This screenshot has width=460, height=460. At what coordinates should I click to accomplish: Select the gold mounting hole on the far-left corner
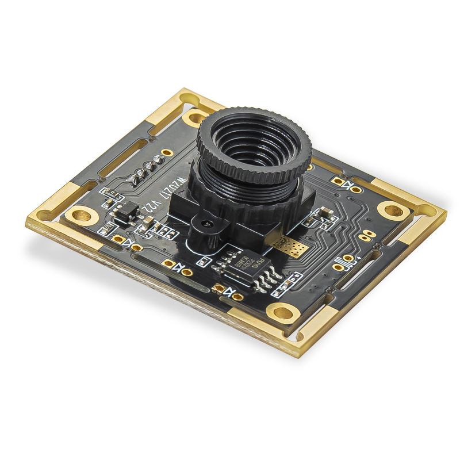82,216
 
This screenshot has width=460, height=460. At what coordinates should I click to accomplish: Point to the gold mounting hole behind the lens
195,118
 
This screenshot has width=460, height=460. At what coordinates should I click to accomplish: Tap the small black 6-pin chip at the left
125,214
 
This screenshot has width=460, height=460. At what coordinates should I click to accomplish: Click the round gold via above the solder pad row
167,152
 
